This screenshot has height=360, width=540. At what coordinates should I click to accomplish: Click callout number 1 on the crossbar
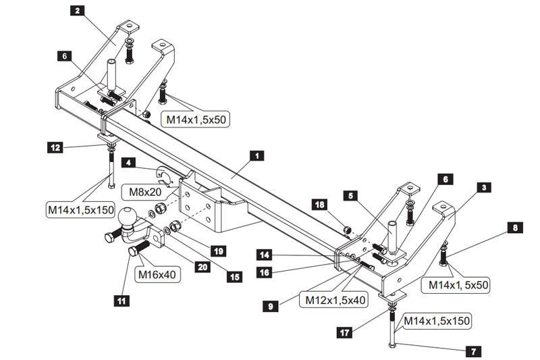[255, 156]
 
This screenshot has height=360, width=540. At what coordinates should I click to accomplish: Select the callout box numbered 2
[78, 10]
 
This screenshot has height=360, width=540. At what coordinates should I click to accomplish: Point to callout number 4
[128, 162]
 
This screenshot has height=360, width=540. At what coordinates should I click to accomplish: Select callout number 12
[55, 146]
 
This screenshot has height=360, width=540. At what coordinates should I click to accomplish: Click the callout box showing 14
[265, 255]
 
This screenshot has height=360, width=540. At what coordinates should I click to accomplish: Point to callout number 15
[234, 277]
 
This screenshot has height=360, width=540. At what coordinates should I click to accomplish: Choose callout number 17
[345, 331]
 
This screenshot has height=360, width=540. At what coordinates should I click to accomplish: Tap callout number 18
[321, 203]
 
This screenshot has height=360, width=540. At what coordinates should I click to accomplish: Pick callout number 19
[217, 251]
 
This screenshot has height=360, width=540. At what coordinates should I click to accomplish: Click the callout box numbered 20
[202, 267]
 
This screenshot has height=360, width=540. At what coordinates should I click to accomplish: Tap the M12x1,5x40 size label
[335, 299]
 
